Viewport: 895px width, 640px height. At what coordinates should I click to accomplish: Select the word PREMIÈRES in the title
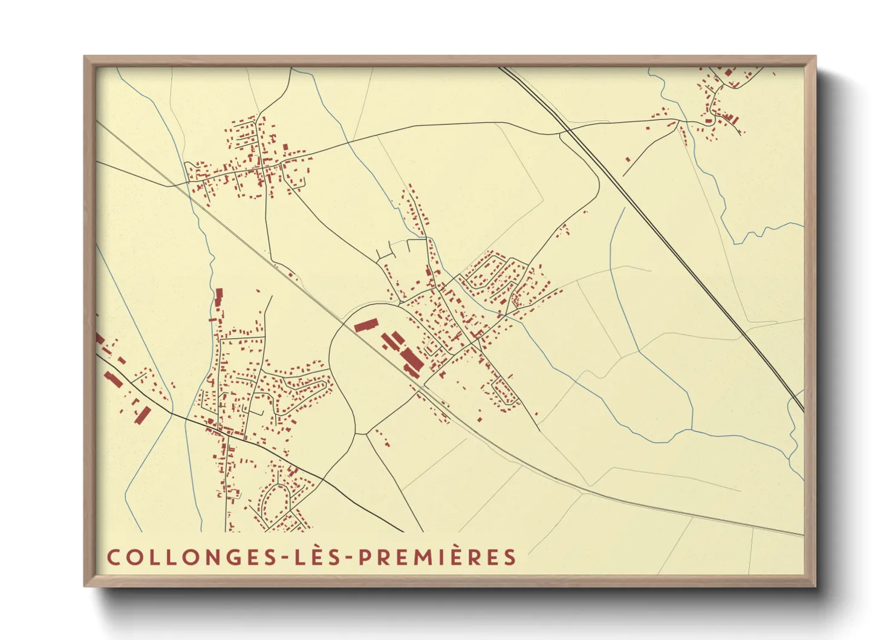pyautogui.click(x=438, y=557)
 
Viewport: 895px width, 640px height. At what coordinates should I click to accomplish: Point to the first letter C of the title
pyautogui.click(x=114, y=557)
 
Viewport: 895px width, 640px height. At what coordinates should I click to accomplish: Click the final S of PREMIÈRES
pyautogui.click(x=510, y=557)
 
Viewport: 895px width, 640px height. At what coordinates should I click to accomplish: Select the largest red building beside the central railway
pyautogui.click(x=411, y=361)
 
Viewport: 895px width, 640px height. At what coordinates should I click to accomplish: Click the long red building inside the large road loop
pyautogui.click(x=365, y=326)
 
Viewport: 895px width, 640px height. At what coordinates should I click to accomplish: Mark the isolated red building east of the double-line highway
pyautogui.click(x=628, y=160)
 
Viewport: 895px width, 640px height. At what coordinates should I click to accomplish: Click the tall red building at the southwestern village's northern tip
pyautogui.click(x=219, y=297)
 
